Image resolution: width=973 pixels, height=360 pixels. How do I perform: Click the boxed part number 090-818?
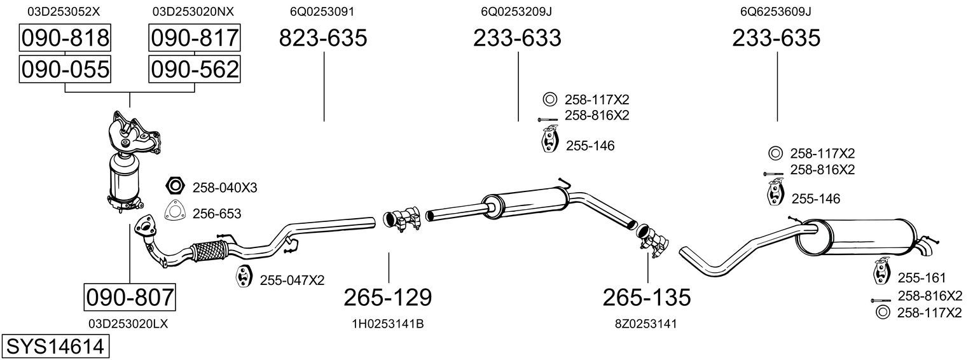(x=65, y=38)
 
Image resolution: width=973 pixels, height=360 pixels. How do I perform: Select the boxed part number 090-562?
(x=195, y=69)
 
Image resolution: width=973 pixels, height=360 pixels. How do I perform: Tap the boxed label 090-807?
(x=130, y=297)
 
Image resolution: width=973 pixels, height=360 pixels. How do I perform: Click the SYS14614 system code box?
(x=55, y=347)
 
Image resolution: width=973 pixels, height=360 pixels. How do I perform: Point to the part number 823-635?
(x=322, y=38)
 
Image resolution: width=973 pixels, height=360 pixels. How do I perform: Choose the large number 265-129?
(x=388, y=298)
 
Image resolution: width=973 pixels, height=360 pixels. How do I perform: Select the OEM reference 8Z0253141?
(x=646, y=324)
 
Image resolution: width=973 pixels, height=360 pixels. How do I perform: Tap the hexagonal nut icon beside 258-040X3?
(x=175, y=186)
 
